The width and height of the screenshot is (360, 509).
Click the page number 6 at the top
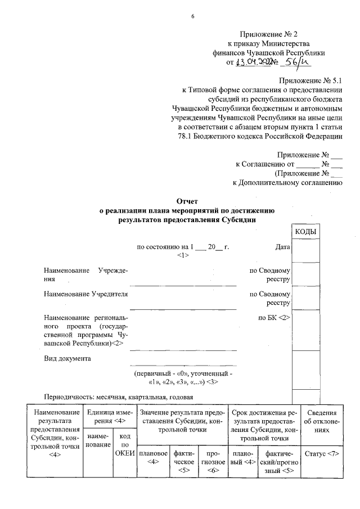tap(192, 15)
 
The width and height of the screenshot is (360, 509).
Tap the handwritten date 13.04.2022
tap(254, 62)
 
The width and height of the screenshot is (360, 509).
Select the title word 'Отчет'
tap(186, 201)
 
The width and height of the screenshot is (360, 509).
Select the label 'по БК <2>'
tap(274, 318)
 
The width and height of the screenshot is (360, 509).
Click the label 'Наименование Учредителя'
tap(86, 294)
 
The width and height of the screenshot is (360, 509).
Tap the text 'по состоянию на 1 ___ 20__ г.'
tap(182, 247)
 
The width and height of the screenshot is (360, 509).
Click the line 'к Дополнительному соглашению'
tap(287, 182)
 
